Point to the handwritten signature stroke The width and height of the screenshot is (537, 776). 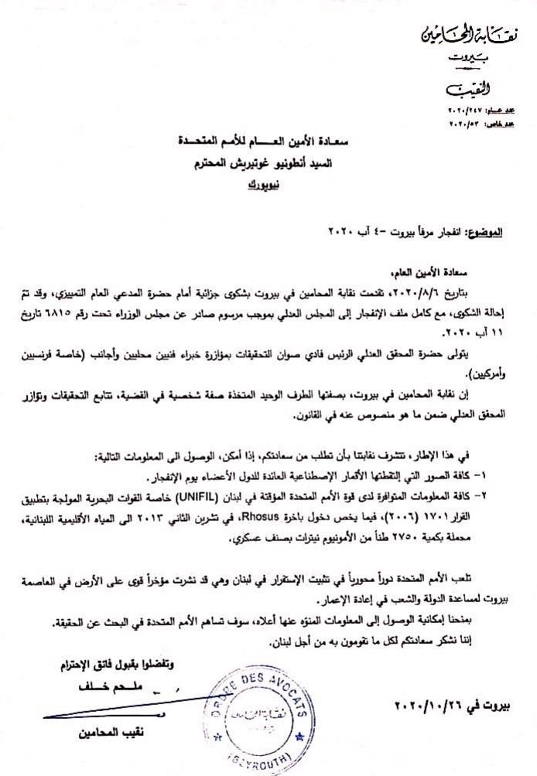click(x=116, y=713)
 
